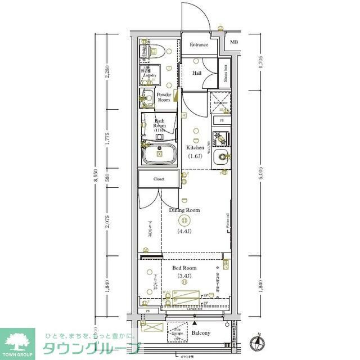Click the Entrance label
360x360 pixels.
199,45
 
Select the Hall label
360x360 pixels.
197,73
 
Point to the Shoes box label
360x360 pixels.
225,74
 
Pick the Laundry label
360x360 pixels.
148,74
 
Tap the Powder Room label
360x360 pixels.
164,97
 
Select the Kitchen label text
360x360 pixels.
195,148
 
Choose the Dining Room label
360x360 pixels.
184,210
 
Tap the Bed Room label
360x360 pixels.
184,268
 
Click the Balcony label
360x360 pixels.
200,333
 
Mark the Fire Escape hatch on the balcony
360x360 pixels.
177,332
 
